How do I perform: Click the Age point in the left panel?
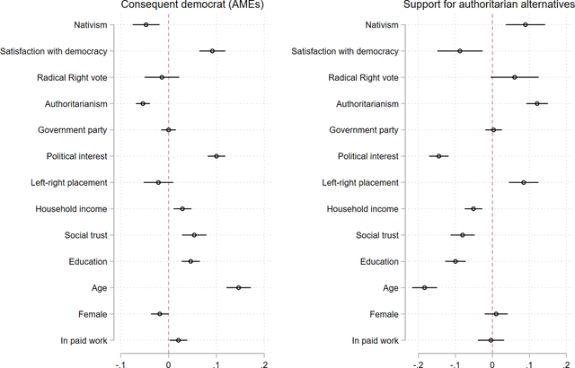coord(239,287)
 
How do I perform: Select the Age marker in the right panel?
coord(425,287)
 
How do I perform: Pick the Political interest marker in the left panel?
coord(217,156)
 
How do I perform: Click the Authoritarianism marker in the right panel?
coord(537,103)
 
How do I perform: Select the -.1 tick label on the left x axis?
coord(120,364)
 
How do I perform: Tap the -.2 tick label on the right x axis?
coord(419,364)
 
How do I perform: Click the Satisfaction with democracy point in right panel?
coord(460,51)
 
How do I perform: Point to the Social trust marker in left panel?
coord(194,235)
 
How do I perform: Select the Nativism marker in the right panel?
coord(526,24)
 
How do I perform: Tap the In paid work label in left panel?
coord(84,340)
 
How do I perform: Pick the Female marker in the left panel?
coord(160,314)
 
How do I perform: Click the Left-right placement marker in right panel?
coord(524,182)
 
